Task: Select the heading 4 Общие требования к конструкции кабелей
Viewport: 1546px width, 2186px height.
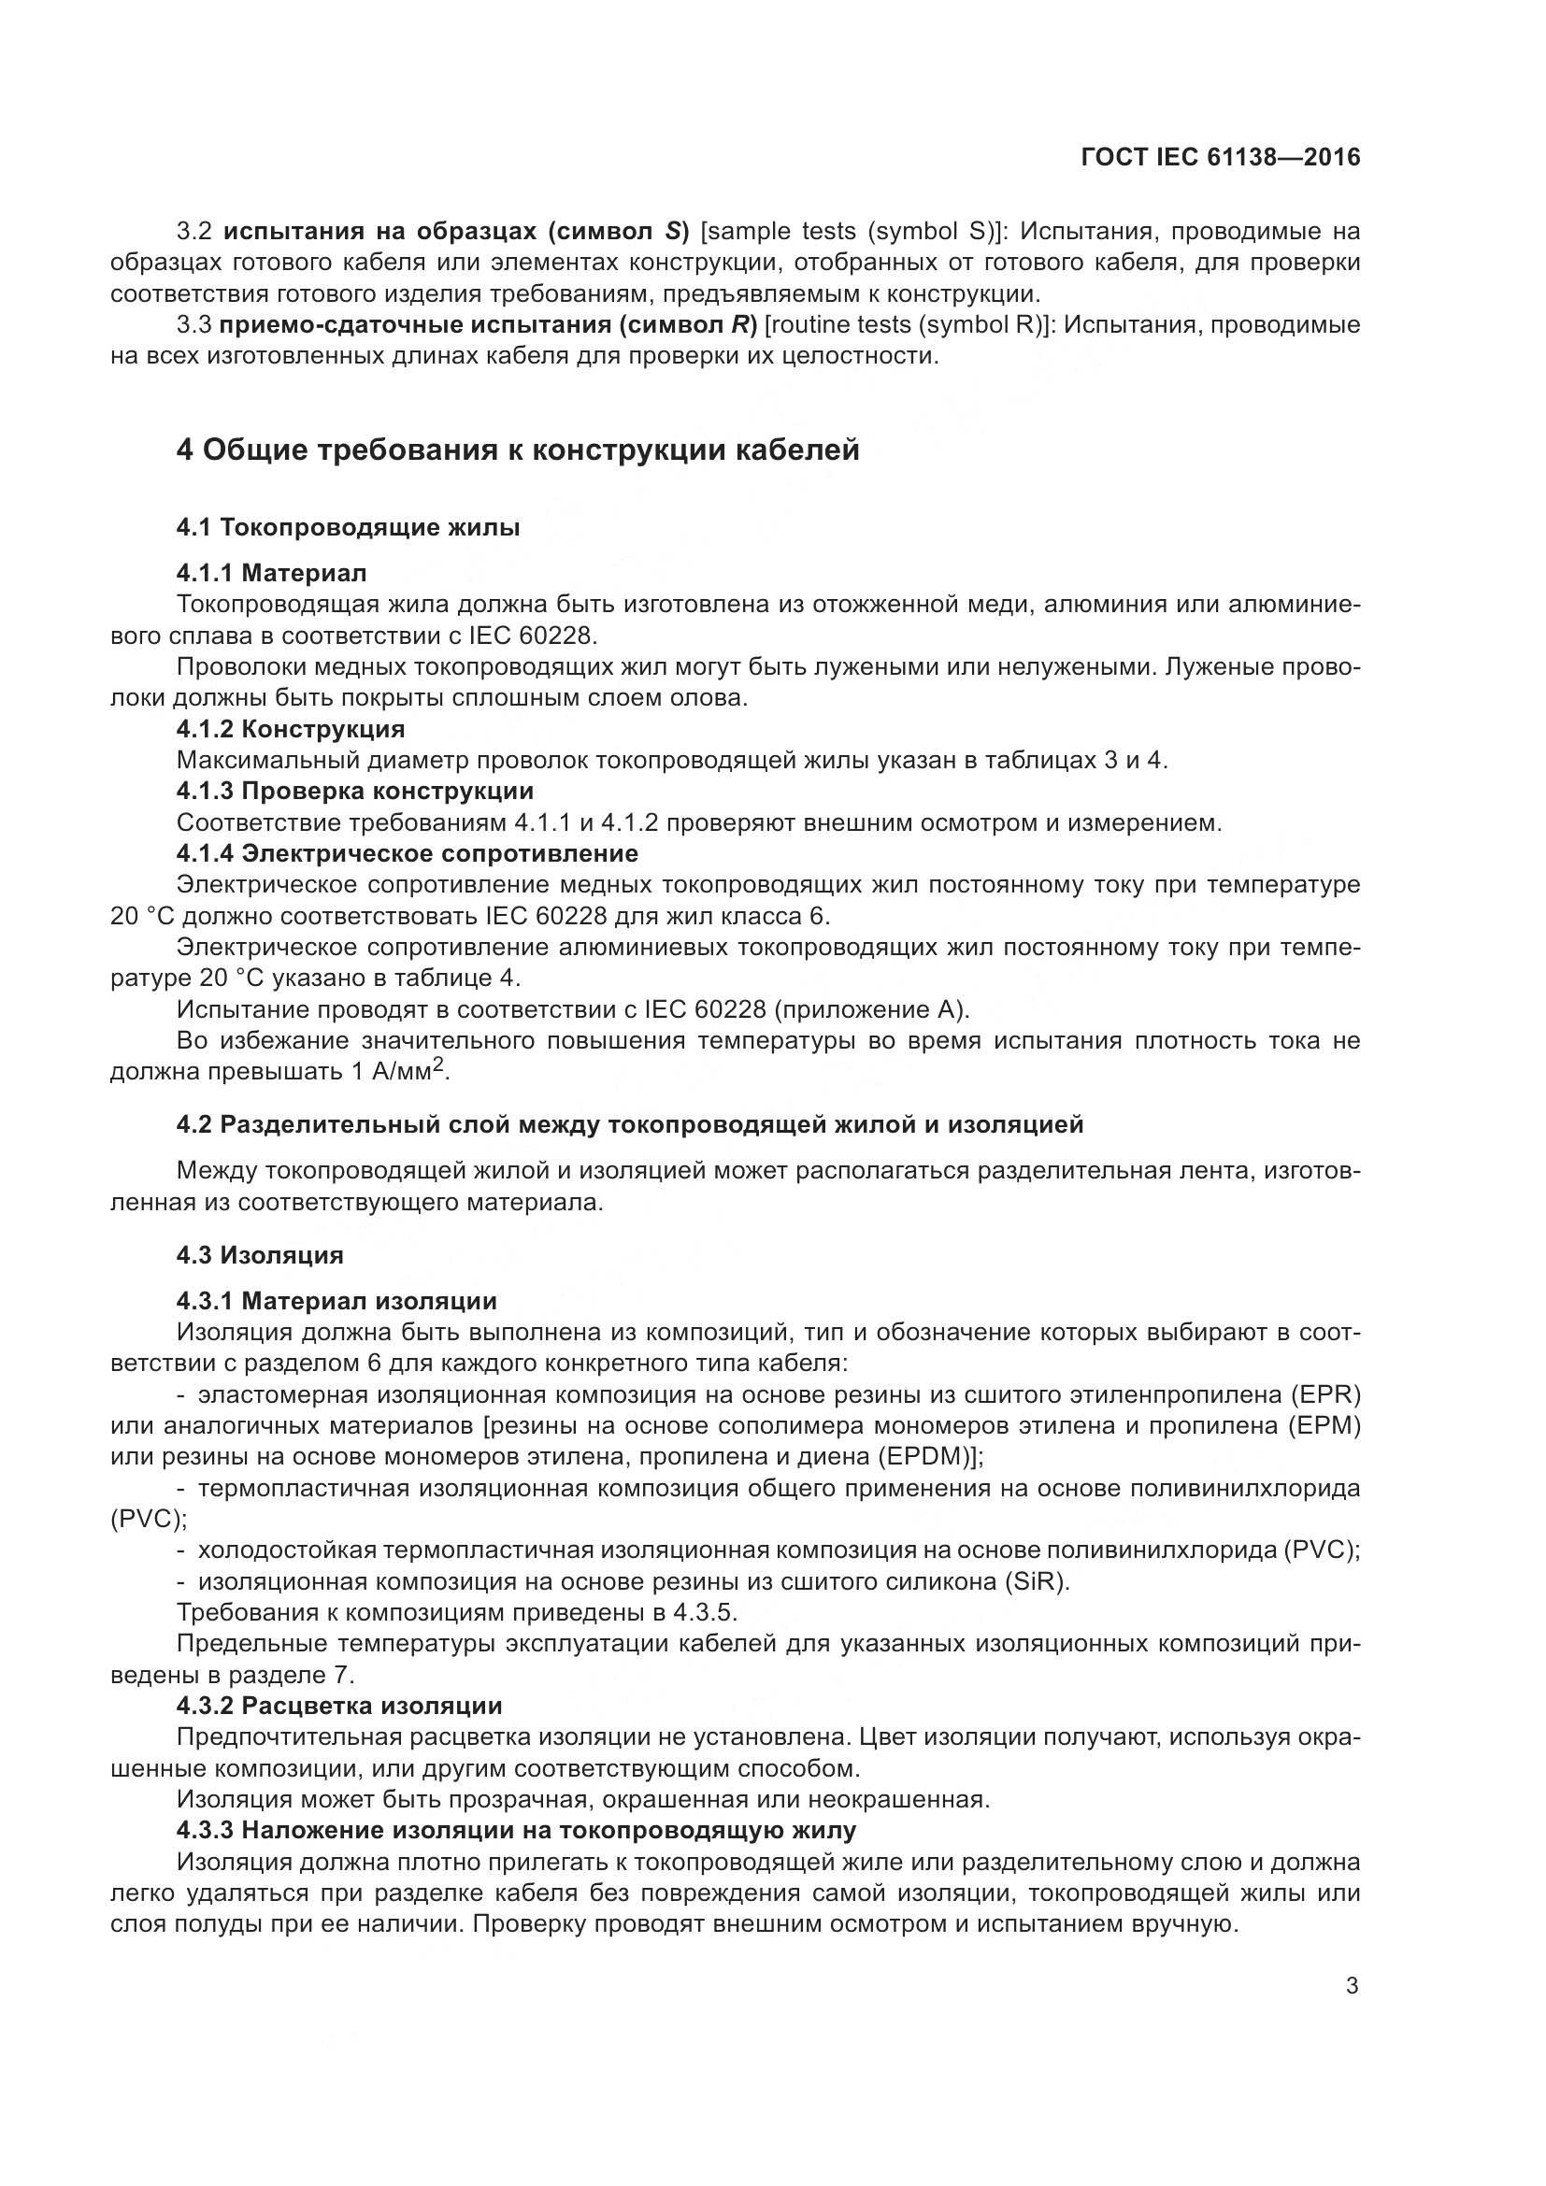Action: point(517,450)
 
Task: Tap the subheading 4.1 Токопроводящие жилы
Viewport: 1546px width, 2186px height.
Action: point(348,527)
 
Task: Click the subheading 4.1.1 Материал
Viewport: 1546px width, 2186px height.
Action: point(271,573)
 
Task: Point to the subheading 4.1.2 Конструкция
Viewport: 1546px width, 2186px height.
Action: point(291,729)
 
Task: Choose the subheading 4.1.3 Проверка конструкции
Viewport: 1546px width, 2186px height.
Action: point(354,792)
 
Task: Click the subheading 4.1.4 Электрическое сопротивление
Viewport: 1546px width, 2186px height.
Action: point(407,853)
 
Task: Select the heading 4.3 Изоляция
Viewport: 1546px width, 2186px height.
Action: point(259,1255)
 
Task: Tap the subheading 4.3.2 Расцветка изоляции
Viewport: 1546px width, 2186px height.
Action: point(339,1706)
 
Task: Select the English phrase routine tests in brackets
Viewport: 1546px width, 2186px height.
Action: point(829,325)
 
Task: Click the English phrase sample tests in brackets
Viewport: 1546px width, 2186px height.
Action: point(784,232)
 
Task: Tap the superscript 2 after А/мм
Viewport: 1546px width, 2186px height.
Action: point(439,1065)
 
